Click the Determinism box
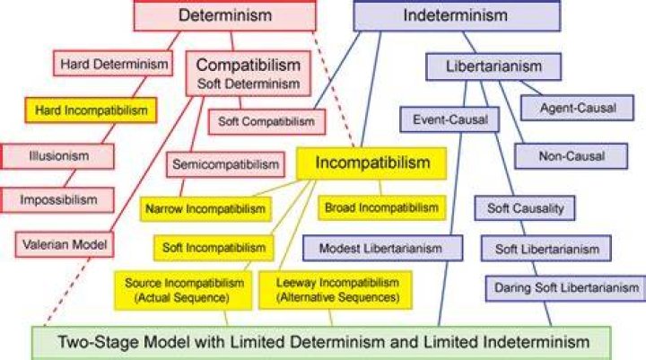(225, 15)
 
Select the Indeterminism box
(457, 15)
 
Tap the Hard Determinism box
(113, 64)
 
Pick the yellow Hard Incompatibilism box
(91, 110)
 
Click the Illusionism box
(57, 156)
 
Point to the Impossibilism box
(57, 200)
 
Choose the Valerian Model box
(65, 244)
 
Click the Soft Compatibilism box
(266, 122)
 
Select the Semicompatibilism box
(225, 164)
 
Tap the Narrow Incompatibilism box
(205, 209)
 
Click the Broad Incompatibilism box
(382, 207)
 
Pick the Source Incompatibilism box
(183, 290)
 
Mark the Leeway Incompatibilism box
(336, 290)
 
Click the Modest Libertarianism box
(383, 249)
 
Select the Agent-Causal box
(578, 108)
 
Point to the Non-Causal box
(572, 156)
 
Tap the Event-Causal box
(450, 119)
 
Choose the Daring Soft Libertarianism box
(566, 288)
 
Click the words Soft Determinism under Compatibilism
(249, 83)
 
